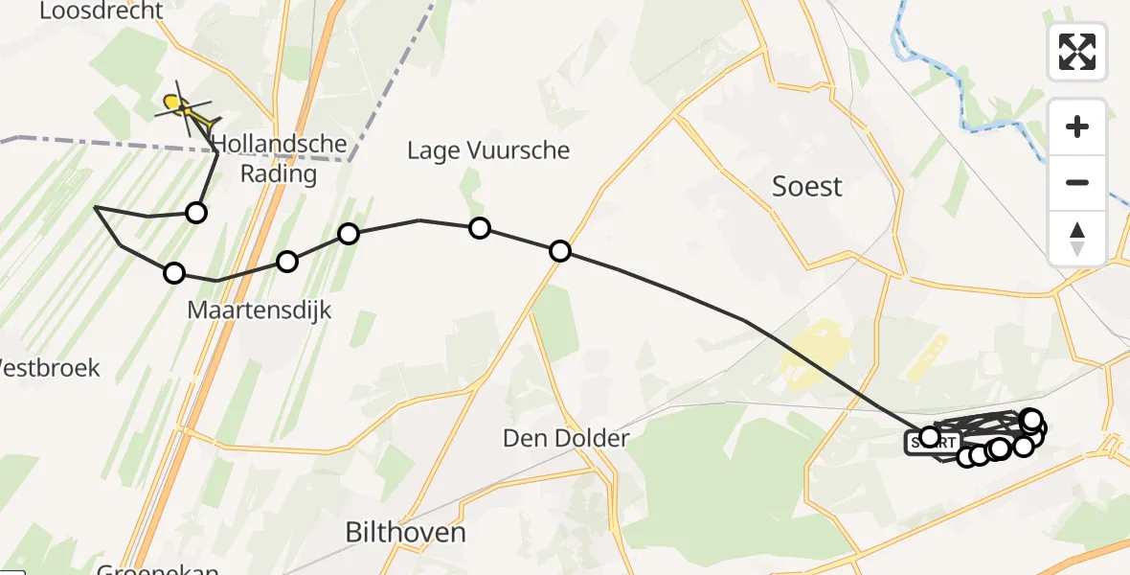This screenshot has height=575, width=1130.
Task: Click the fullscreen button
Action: point(1077,51)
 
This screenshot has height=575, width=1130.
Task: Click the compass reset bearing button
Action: point(1077,239)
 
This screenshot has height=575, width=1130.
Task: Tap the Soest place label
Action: point(807,186)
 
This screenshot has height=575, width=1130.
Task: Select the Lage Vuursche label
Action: point(488,150)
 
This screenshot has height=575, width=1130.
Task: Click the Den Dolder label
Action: point(566,439)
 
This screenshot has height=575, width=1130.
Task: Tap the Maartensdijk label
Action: point(260,310)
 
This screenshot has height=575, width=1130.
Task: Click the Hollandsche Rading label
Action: point(265,159)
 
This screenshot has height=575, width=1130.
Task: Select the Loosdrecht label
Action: point(102,11)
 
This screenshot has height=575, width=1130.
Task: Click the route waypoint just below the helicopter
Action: point(196,213)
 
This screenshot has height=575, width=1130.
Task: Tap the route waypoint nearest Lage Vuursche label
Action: point(480,228)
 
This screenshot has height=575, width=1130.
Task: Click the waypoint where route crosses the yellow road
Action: point(560,251)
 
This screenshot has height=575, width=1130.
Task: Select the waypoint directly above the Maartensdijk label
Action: point(287,262)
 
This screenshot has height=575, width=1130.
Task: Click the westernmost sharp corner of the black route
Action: point(96,207)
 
